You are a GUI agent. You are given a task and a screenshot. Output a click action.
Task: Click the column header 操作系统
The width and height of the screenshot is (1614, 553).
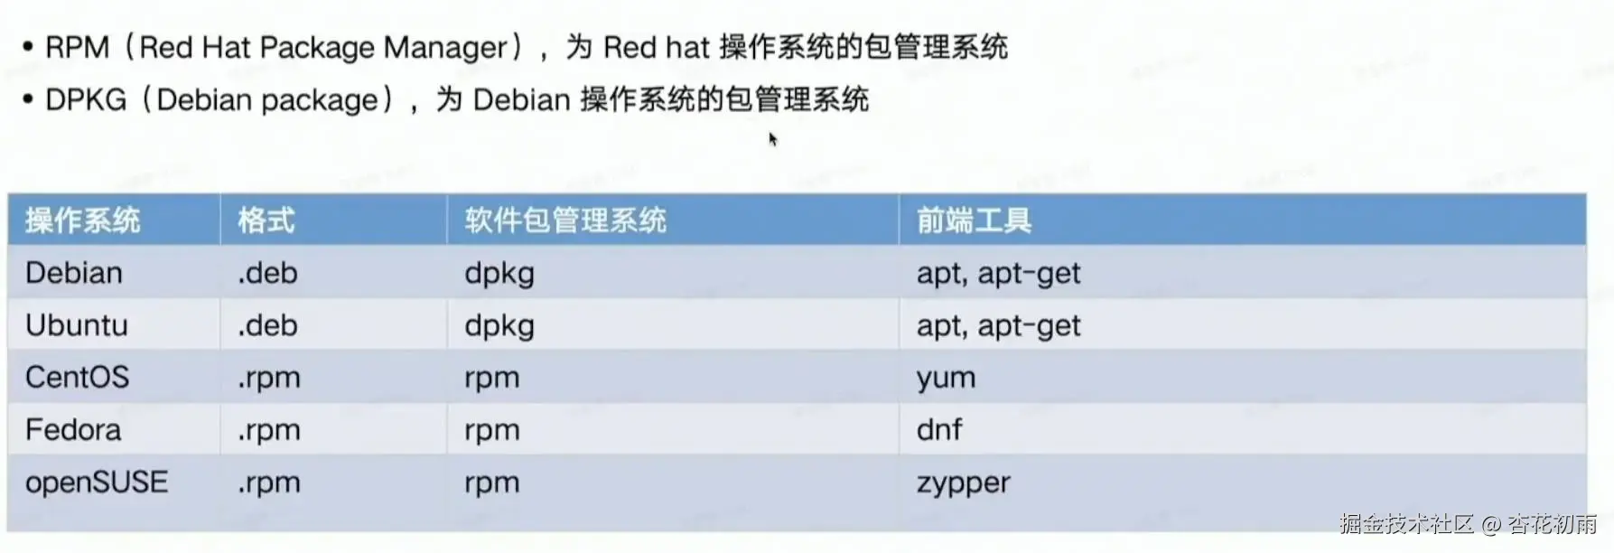click(x=82, y=220)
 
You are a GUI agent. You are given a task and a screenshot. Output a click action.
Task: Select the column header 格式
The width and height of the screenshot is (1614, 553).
click(x=266, y=220)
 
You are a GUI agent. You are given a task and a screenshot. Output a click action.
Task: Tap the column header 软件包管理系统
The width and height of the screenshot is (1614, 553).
click(x=565, y=220)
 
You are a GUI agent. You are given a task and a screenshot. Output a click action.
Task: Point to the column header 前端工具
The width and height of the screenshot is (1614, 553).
click(x=974, y=220)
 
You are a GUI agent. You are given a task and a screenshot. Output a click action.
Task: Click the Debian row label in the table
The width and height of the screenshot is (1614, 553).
click(x=74, y=273)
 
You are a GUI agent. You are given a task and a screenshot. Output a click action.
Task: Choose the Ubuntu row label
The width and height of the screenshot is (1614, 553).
click(x=77, y=325)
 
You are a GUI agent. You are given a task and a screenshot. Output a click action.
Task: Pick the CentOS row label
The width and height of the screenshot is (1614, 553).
click(x=78, y=377)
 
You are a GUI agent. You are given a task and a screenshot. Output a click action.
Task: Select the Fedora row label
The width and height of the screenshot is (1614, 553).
click(x=73, y=429)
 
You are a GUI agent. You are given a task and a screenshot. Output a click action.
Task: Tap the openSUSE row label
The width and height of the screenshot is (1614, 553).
click(x=97, y=482)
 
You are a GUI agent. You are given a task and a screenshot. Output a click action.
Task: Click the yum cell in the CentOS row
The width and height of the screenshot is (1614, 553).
click(x=946, y=378)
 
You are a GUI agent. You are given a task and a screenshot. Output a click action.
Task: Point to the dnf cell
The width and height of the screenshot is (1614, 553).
click(x=939, y=429)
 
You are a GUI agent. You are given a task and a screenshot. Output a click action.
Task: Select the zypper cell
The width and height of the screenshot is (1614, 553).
click(x=963, y=483)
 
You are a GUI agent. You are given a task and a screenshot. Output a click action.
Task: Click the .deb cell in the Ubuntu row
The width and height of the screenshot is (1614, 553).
click(x=267, y=325)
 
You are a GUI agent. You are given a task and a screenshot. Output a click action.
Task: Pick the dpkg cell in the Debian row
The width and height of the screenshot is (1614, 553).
click(x=499, y=274)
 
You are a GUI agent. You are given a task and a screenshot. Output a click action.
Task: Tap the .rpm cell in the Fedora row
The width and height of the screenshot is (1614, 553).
click(x=268, y=430)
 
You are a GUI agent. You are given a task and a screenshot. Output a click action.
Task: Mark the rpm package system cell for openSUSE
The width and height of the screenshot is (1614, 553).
click(x=492, y=483)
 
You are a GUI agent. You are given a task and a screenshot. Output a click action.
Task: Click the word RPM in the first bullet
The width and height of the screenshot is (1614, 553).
click(x=78, y=47)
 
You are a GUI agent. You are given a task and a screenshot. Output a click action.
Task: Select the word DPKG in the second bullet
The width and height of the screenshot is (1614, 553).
click(x=86, y=99)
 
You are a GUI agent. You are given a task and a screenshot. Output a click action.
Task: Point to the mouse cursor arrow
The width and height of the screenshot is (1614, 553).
click(x=772, y=138)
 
